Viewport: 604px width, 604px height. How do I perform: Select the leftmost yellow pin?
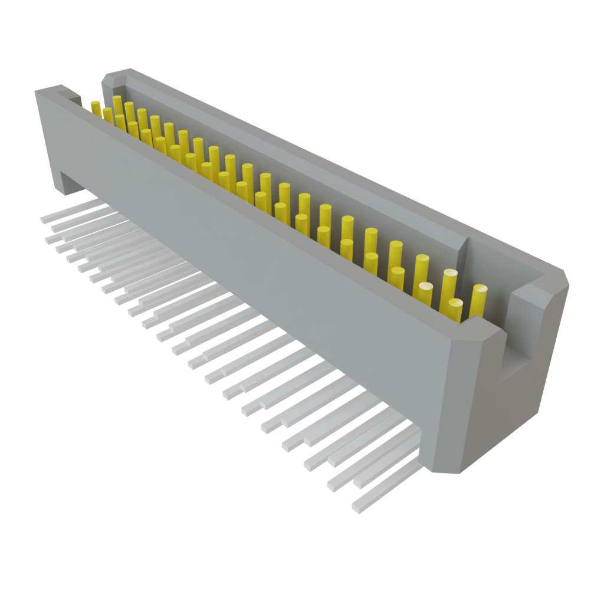96,108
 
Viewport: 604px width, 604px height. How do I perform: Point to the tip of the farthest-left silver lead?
44,219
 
